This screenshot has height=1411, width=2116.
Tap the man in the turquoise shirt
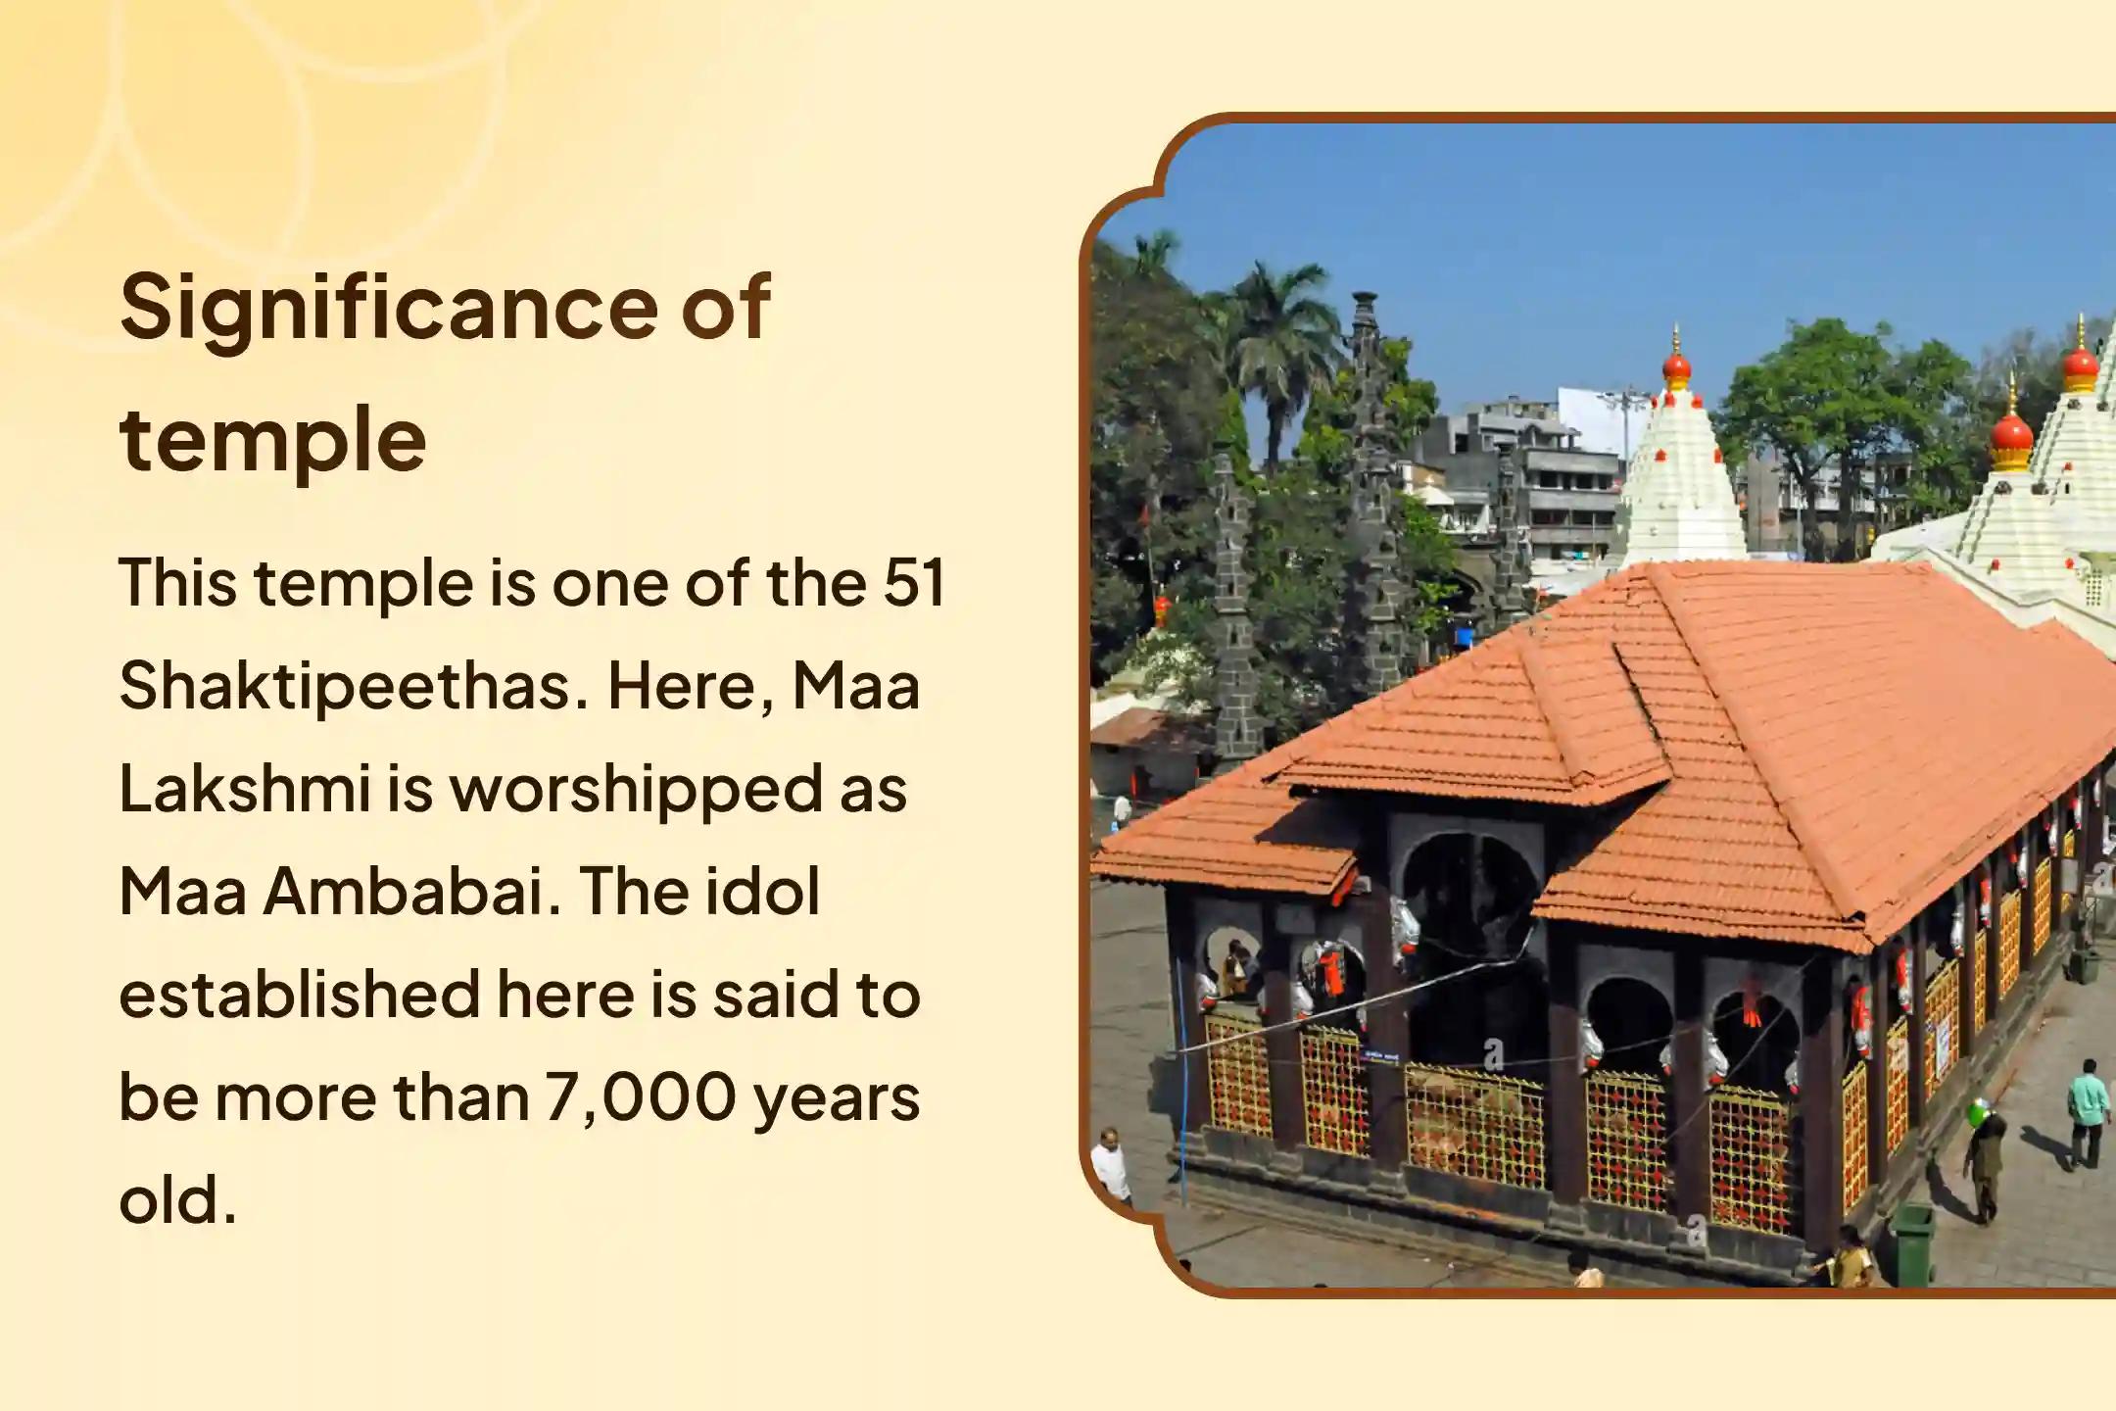[x=2089, y=1113]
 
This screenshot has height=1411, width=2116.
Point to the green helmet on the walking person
[x=1981, y=1115]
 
